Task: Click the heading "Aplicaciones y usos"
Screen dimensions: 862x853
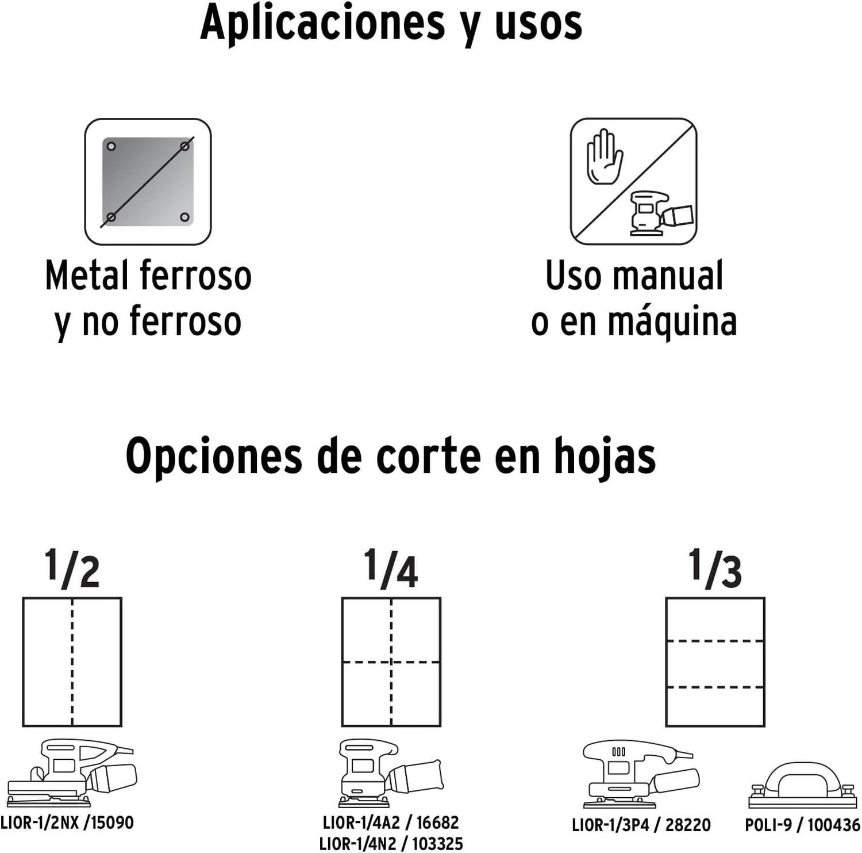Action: click(391, 24)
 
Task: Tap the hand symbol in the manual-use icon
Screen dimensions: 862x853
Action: click(604, 157)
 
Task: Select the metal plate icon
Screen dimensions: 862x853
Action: click(148, 182)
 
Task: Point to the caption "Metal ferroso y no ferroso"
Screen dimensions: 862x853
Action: click(148, 298)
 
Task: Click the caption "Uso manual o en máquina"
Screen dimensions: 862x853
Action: click(634, 298)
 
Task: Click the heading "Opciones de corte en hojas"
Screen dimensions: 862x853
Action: click(391, 457)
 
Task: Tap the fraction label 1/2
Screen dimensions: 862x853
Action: click(72, 568)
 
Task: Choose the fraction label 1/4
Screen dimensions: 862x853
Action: click(391, 568)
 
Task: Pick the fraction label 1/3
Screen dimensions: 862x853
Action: click(715, 568)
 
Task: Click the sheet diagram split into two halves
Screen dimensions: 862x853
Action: click(72, 662)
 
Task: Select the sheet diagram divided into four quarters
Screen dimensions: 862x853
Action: click(391, 662)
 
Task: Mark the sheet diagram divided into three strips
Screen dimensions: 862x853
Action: click(715, 662)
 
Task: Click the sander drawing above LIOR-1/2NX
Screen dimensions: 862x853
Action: click(72, 772)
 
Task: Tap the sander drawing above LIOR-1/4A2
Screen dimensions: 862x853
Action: click(391, 772)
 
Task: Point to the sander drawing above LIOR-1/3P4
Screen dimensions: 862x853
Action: click(641, 774)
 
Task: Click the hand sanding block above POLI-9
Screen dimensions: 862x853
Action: click(803, 785)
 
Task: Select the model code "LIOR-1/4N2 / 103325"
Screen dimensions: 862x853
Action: click(391, 844)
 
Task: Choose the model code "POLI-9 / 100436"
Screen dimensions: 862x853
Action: click(803, 825)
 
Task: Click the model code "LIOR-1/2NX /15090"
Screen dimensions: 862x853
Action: click(67, 823)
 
